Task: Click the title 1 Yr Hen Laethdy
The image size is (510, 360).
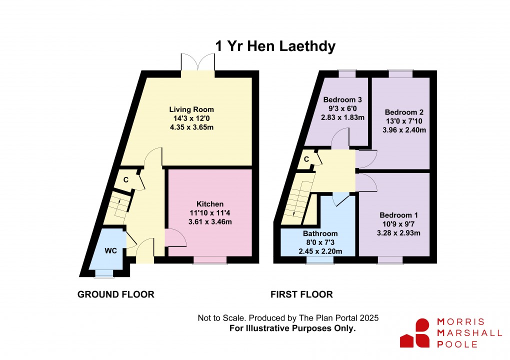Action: click(275, 46)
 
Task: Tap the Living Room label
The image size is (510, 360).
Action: click(191, 109)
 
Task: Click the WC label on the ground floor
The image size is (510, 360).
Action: click(110, 251)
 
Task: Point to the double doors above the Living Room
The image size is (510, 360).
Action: click(198, 64)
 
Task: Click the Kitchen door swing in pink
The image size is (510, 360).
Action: click(174, 237)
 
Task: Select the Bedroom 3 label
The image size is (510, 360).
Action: click(343, 99)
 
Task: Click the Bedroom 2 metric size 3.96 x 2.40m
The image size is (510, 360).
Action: click(404, 130)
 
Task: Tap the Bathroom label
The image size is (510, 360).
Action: click(320, 233)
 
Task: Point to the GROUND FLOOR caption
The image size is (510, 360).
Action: click(115, 294)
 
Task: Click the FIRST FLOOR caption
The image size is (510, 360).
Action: click(301, 294)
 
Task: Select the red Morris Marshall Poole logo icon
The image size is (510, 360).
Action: click(415, 333)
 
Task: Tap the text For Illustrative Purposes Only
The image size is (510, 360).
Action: click(292, 328)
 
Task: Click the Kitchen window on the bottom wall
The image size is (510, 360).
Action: click(206, 260)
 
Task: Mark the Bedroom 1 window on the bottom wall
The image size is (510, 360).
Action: click(390, 259)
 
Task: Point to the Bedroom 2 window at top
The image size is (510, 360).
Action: click(401, 74)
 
